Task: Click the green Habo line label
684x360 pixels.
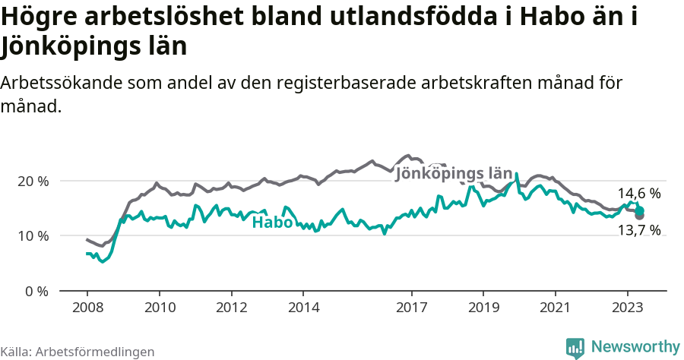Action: pyautogui.click(x=272, y=223)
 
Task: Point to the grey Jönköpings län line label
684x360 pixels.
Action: pyautogui.click(x=454, y=174)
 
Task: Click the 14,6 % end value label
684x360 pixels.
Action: pyautogui.click(x=638, y=194)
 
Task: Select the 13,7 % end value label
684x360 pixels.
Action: pyautogui.click(x=638, y=230)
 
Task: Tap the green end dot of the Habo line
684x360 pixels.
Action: pyautogui.click(x=639, y=210)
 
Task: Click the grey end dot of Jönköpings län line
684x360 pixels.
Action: pyautogui.click(x=639, y=216)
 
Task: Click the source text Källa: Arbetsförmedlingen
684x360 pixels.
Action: pyautogui.click(x=78, y=352)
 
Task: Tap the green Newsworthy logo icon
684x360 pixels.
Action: pyautogui.click(x=575, y=347)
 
